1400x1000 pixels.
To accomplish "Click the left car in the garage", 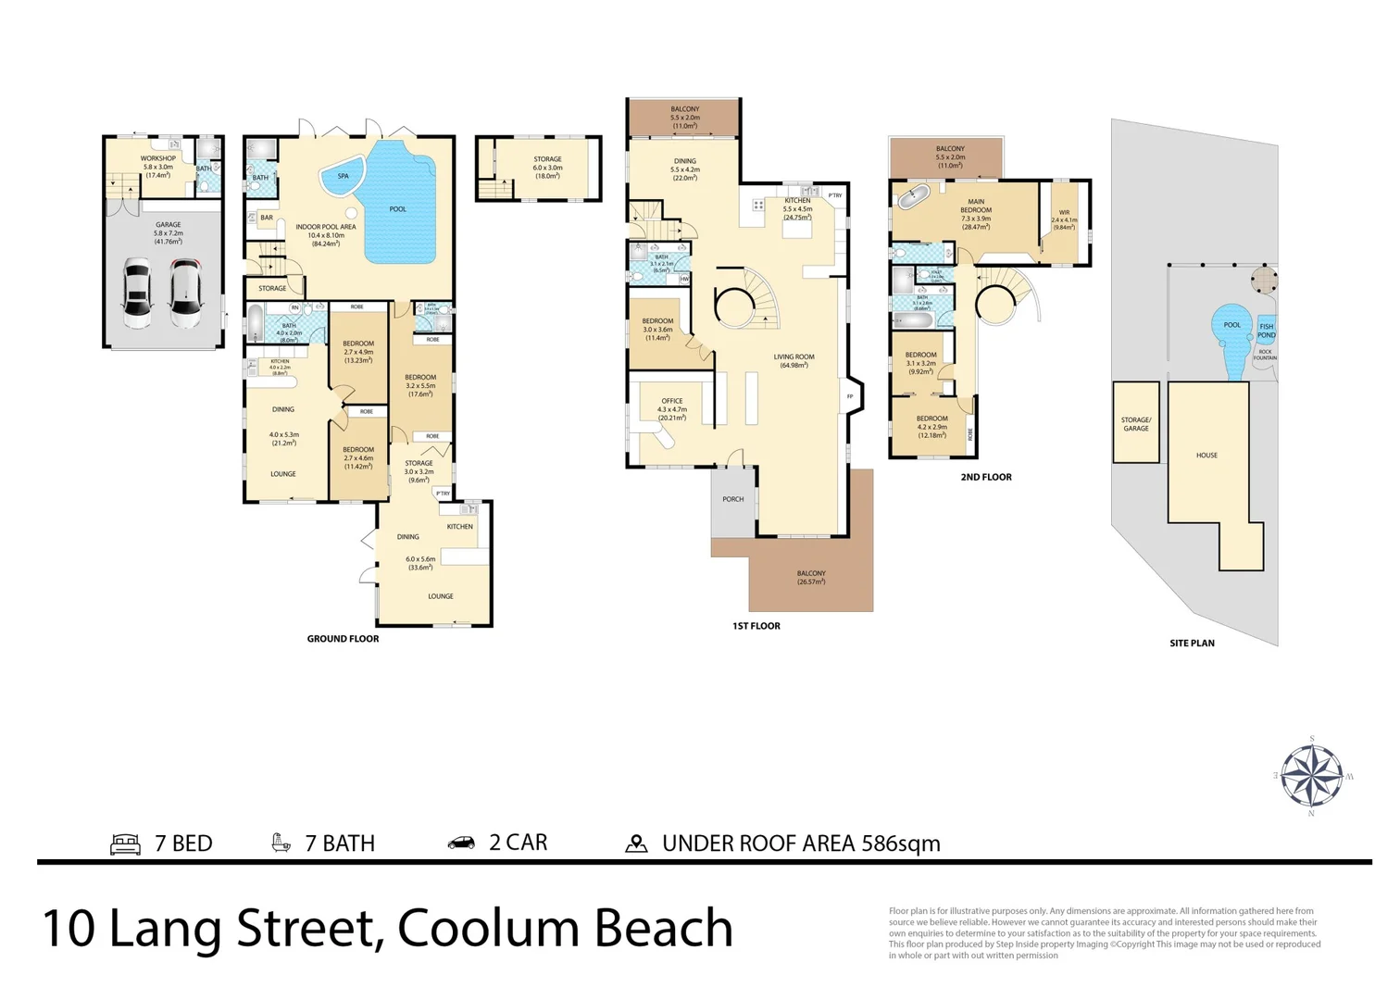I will tap(137, 294).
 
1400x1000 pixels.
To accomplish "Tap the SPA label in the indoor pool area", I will tap(343, 176).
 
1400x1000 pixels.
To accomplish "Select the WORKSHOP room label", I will tap(158, 158).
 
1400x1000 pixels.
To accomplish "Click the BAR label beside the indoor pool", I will tap(267, 218).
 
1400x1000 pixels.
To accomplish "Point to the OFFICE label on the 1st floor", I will tap(672, 401).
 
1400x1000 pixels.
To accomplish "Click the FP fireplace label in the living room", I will tap(850, 396).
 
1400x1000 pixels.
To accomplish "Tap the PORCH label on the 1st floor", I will tap(732, 499).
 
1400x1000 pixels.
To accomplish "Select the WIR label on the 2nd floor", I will tap(1064, 212).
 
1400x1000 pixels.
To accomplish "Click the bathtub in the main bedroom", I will tap(915, 196).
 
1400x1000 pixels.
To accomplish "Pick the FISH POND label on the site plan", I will tap(1266, 331).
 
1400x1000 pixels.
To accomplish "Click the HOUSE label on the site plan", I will tap(1206, 456).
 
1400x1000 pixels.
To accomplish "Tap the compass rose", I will tap(1312, 776).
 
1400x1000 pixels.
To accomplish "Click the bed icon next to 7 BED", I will tap(125, 844).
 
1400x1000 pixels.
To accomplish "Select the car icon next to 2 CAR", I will tap(461, 843).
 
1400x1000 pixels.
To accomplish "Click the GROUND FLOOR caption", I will tap(343, 639).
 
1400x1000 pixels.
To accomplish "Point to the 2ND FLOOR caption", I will tap(985, 478).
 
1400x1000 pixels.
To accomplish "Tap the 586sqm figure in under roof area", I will tap(900, 844).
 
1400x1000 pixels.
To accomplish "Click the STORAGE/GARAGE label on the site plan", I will tap(1135, 424).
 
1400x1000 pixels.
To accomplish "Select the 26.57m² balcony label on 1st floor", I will tap(811, 578).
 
